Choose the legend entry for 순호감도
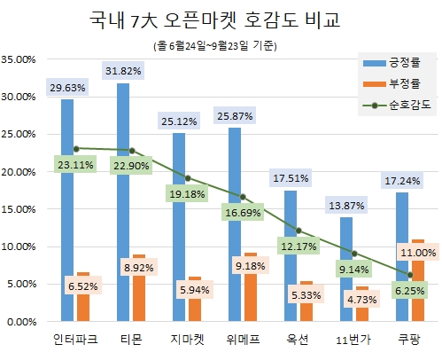pyautogui.click(x=399, y=105)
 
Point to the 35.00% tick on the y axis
pyautogui.click(x=19, y=59)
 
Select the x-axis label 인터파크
pyautogui.click(x=75, y=340)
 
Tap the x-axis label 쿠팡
pyautogui.click(x=410, y=340)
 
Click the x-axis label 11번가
pyautogui.click(x=354, y=340)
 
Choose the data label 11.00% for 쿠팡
pyautogui.click(x=418, y=253)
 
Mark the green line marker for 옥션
pyautogui.click(x=299, y=231)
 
